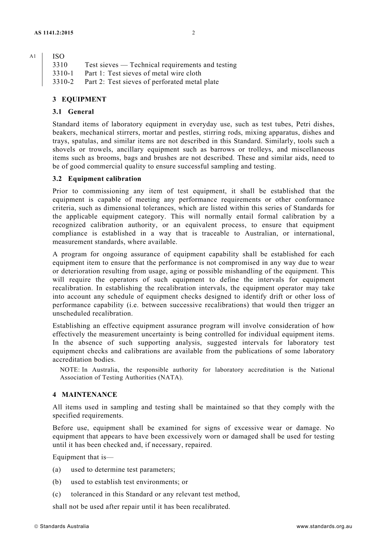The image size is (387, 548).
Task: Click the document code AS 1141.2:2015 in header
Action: tap(54, 33)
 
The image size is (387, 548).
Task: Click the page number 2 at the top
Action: tap(193, 33)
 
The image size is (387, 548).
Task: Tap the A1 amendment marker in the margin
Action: tap(33, 56)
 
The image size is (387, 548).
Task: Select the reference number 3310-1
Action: tap(63, 73)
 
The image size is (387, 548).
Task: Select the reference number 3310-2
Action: tap(63, 82)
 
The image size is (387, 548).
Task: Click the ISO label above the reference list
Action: tap(58, 56)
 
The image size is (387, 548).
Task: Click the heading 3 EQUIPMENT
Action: tap(79, 99)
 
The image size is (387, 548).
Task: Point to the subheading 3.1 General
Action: tap(73, 112)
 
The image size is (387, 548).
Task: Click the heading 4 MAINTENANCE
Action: tap(85, 395)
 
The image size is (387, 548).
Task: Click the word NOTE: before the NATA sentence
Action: tap(70, 370)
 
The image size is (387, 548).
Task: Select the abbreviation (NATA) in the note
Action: tap(171, 378)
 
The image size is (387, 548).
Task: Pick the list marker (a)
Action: tap(57, 470)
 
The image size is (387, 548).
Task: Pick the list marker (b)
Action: tap(57, 482)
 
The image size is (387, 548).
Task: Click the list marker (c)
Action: tap(57, 495)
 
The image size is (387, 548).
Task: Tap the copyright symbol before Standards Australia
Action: tap(36, 526)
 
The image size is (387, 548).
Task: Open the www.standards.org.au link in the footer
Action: tap(324, 526)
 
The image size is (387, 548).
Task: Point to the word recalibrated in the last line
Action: tap(210, 507)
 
